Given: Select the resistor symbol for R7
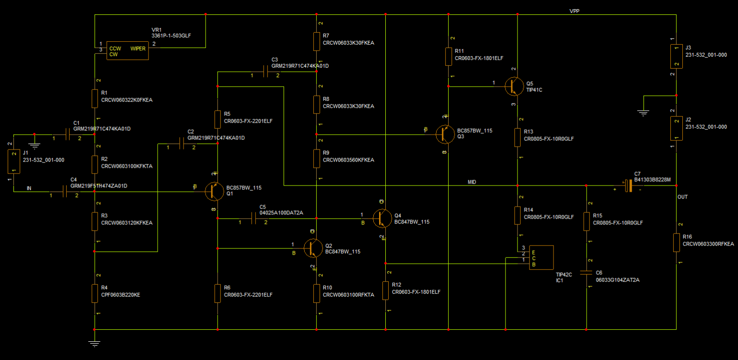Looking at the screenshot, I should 317,41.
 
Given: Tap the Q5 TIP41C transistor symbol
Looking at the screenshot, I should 514,86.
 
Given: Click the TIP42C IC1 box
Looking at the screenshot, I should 541,258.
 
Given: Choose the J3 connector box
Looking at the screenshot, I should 676,55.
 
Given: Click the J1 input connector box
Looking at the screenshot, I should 13,161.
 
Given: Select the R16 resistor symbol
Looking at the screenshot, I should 676,243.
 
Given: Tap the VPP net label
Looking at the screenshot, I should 574,11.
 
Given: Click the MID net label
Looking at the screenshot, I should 472,182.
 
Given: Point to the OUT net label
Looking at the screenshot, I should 682,197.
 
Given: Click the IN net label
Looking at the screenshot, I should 29,188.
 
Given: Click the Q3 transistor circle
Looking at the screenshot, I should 445,135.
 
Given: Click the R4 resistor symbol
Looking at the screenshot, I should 95,293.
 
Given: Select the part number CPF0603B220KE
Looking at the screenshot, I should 121,295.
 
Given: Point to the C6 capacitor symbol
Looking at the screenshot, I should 586,273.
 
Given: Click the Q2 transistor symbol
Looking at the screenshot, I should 313,248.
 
